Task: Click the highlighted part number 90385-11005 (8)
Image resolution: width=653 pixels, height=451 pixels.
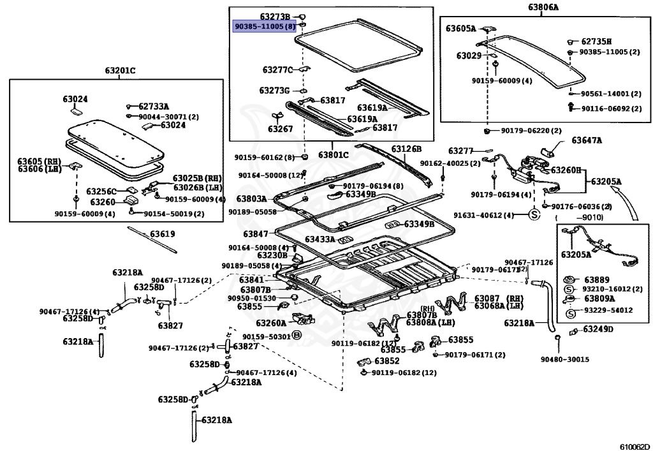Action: [x=264, y=27]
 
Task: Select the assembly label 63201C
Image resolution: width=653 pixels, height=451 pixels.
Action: [x=120, y=71]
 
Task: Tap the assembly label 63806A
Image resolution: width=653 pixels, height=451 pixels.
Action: [x=543, y=7]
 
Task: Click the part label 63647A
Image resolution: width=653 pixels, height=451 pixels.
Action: [x=587, y=140]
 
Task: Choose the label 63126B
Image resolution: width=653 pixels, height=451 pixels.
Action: [x=406, y=149]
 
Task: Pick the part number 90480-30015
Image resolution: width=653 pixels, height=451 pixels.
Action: [x=565, y=359]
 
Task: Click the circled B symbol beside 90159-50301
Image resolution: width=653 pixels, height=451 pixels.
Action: [x=297, y=335]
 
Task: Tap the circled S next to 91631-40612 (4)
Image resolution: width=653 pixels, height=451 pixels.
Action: [x=534, y=215]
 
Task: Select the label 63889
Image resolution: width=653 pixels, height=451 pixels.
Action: [x=596, y=280]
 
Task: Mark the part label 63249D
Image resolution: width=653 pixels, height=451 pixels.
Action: [x=598, y=329]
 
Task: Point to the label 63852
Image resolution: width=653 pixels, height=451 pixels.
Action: [x=386, y=360]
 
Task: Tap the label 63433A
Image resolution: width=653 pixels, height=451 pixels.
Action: [x=320, y=239]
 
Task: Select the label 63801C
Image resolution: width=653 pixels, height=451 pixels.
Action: [x=333, y=156]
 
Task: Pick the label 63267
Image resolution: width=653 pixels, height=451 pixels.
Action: [x=281, y=129]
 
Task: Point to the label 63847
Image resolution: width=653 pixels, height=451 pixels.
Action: [x=256, y=233]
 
